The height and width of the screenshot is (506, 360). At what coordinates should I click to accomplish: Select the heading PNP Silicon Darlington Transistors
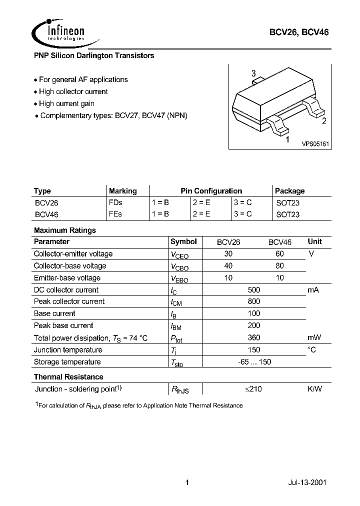coord(94,56)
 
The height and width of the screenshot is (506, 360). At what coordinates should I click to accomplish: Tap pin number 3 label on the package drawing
coord(253,73)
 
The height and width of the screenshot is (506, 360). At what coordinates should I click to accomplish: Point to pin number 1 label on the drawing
coord(287,140)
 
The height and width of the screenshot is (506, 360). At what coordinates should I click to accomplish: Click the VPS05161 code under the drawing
coord(315,143)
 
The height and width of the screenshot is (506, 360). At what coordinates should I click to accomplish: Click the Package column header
coord(290,191)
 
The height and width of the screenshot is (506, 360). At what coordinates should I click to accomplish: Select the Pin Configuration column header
coord(211,191)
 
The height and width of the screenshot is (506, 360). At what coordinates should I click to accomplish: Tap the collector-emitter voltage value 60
coord(279,253)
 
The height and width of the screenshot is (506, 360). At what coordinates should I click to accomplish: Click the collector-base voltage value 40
coord(228,265)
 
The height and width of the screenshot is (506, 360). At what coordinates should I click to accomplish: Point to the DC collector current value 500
coord(254,289)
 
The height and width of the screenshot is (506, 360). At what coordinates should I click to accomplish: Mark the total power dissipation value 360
coord(254,337)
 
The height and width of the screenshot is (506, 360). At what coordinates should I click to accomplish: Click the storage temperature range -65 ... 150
coord(254,361)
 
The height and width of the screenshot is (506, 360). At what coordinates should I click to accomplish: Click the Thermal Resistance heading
coord(68,376)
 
